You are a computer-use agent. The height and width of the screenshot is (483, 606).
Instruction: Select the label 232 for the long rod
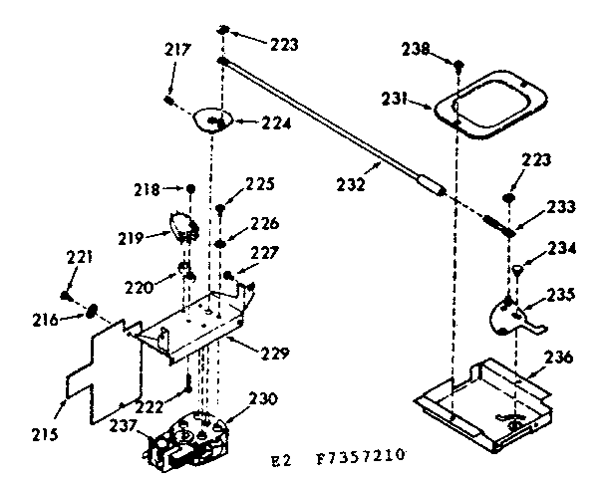350,183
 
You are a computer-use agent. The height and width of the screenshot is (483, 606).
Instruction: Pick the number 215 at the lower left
44,434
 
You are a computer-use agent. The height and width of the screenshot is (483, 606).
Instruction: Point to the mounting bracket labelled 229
204,324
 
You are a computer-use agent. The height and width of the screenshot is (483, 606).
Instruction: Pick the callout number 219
133,237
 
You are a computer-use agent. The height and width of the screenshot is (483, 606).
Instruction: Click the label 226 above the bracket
265,223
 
